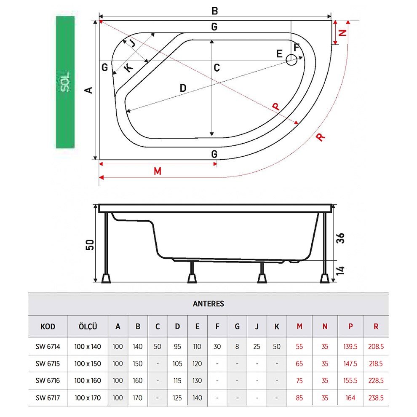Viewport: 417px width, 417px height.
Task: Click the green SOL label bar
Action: [65, 82]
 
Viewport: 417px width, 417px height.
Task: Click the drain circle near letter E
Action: [291, 60]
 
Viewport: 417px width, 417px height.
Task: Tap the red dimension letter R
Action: [321, 136]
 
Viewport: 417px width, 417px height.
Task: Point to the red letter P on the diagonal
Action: [276, 107]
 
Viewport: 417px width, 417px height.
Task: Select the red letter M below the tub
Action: [158, 171]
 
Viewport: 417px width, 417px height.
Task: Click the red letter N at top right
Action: [344, 32]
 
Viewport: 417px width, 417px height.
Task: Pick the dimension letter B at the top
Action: [215, 11]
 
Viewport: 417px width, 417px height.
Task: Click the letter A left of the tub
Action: [88, 90]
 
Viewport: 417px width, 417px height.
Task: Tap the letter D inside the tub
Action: [183, 88]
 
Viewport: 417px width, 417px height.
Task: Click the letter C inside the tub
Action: [217, 68]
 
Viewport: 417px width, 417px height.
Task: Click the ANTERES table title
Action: [208, 304]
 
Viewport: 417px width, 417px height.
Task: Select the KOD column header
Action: [48, 326]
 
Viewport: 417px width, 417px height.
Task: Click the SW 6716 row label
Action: [48, 380]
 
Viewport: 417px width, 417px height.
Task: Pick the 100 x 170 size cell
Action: [88, 398]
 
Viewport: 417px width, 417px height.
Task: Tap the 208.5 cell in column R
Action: [376, 347]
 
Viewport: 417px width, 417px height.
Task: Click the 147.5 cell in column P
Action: [350, 364]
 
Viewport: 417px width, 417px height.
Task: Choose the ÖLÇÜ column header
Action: [88, 326]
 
